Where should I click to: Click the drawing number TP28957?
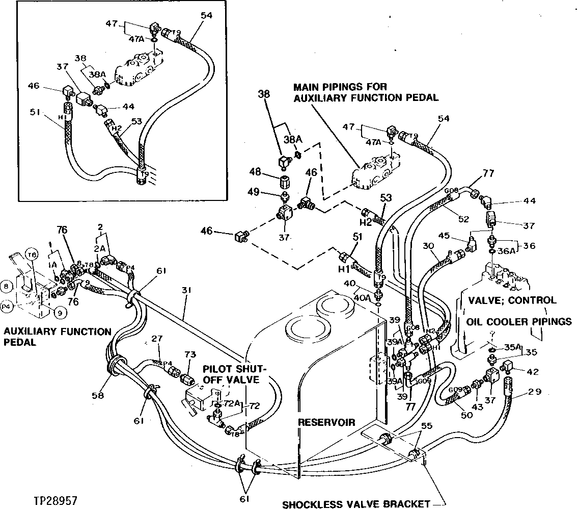57,500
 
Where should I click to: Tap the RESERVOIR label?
325,423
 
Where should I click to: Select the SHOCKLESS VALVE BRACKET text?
356,503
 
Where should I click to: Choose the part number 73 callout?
189,354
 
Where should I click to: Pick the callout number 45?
444,236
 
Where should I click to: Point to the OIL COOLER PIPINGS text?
518,322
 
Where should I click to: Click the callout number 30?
427,246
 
